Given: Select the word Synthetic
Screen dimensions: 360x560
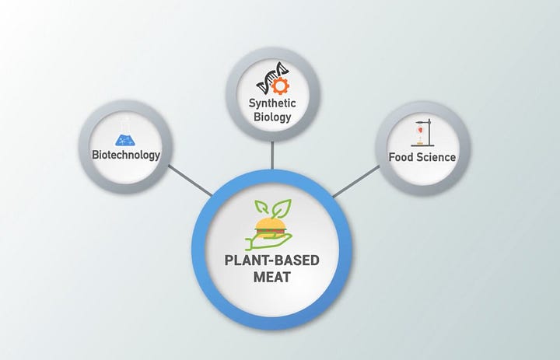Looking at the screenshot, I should [271, 103].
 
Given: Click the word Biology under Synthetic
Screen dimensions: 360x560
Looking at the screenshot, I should [271, 117].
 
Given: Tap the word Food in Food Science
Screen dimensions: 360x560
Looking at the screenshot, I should [402, 157].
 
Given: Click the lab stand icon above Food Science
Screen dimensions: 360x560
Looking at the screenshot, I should [422, 131].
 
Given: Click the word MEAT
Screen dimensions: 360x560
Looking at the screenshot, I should [271, 278].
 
